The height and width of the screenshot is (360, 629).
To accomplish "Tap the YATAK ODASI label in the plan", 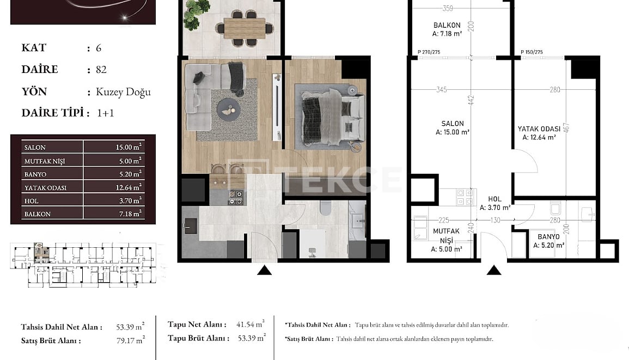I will (x=539, y=129).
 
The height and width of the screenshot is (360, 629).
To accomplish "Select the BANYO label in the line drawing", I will (x=548, y=237).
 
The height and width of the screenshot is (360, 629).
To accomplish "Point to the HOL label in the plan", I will (x=494, y=199).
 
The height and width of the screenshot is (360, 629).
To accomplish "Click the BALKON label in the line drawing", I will (x=447, y=25).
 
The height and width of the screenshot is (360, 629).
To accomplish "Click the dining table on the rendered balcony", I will (x=244, y=27).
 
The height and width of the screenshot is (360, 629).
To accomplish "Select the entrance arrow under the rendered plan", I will (x=264, y=270).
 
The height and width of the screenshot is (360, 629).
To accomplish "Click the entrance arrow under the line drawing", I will (x=494, y=270).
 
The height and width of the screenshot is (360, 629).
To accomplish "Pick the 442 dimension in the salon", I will (x=472, y=100).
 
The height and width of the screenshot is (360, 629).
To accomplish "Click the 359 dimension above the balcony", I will (x=448, y=8).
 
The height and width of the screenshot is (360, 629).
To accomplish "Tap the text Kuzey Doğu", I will (x=123, y=92).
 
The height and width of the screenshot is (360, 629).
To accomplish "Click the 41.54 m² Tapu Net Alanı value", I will (x=251, y=324).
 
